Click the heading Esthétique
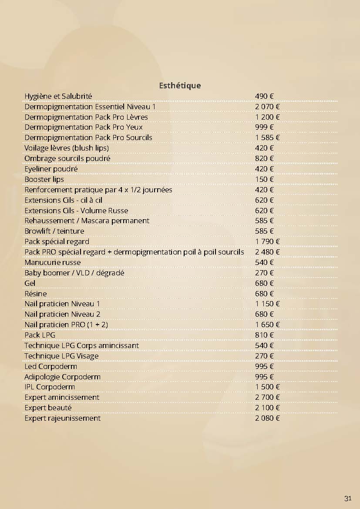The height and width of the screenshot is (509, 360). coord(180,85)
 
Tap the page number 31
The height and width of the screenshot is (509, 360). coord(347,499)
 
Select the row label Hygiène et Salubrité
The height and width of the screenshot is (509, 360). coord(58,96)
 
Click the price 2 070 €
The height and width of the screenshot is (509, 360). coord(267,107)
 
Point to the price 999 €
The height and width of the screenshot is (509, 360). coord(264,127)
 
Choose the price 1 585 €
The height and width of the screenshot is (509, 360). coord(267,137)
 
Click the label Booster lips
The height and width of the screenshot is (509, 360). coord(44,179)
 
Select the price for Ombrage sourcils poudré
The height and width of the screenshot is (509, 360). coord(264,158)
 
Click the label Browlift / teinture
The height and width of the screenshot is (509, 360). coord(54,231)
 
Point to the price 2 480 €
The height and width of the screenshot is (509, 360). coord(267,252)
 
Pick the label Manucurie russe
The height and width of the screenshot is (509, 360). coord(53,262)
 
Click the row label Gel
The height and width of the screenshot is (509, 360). coord(30,283)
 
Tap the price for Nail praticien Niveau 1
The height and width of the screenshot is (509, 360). coord(267,304)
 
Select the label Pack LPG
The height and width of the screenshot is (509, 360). coord(40,335)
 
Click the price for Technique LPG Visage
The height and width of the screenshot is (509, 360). coord(264,356)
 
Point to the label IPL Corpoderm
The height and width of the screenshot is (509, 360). coord(50,387)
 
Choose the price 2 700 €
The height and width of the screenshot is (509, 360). coord(267,397)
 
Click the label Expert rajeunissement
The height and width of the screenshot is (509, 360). coord(62,418)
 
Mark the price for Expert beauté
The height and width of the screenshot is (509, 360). coord(267,408)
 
